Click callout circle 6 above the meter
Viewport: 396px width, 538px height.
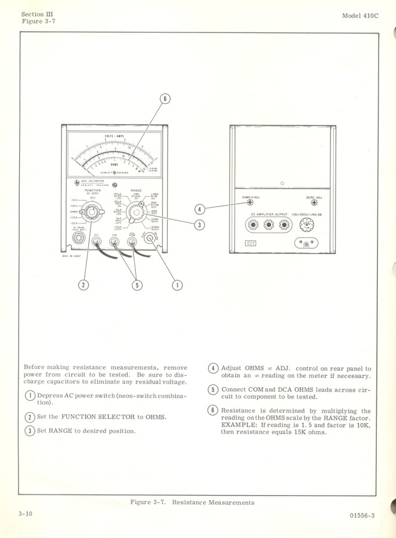165,99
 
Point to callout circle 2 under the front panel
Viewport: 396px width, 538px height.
84,284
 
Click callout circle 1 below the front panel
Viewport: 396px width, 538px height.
177,284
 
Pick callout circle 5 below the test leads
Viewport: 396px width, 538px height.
138,284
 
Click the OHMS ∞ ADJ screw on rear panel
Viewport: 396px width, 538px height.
251,203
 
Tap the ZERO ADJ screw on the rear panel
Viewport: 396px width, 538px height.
314,203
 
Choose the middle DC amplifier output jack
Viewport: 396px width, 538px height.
269,224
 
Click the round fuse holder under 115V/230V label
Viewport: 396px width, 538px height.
305,223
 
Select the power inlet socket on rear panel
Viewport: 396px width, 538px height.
307,243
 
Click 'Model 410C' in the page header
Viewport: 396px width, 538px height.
360,16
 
